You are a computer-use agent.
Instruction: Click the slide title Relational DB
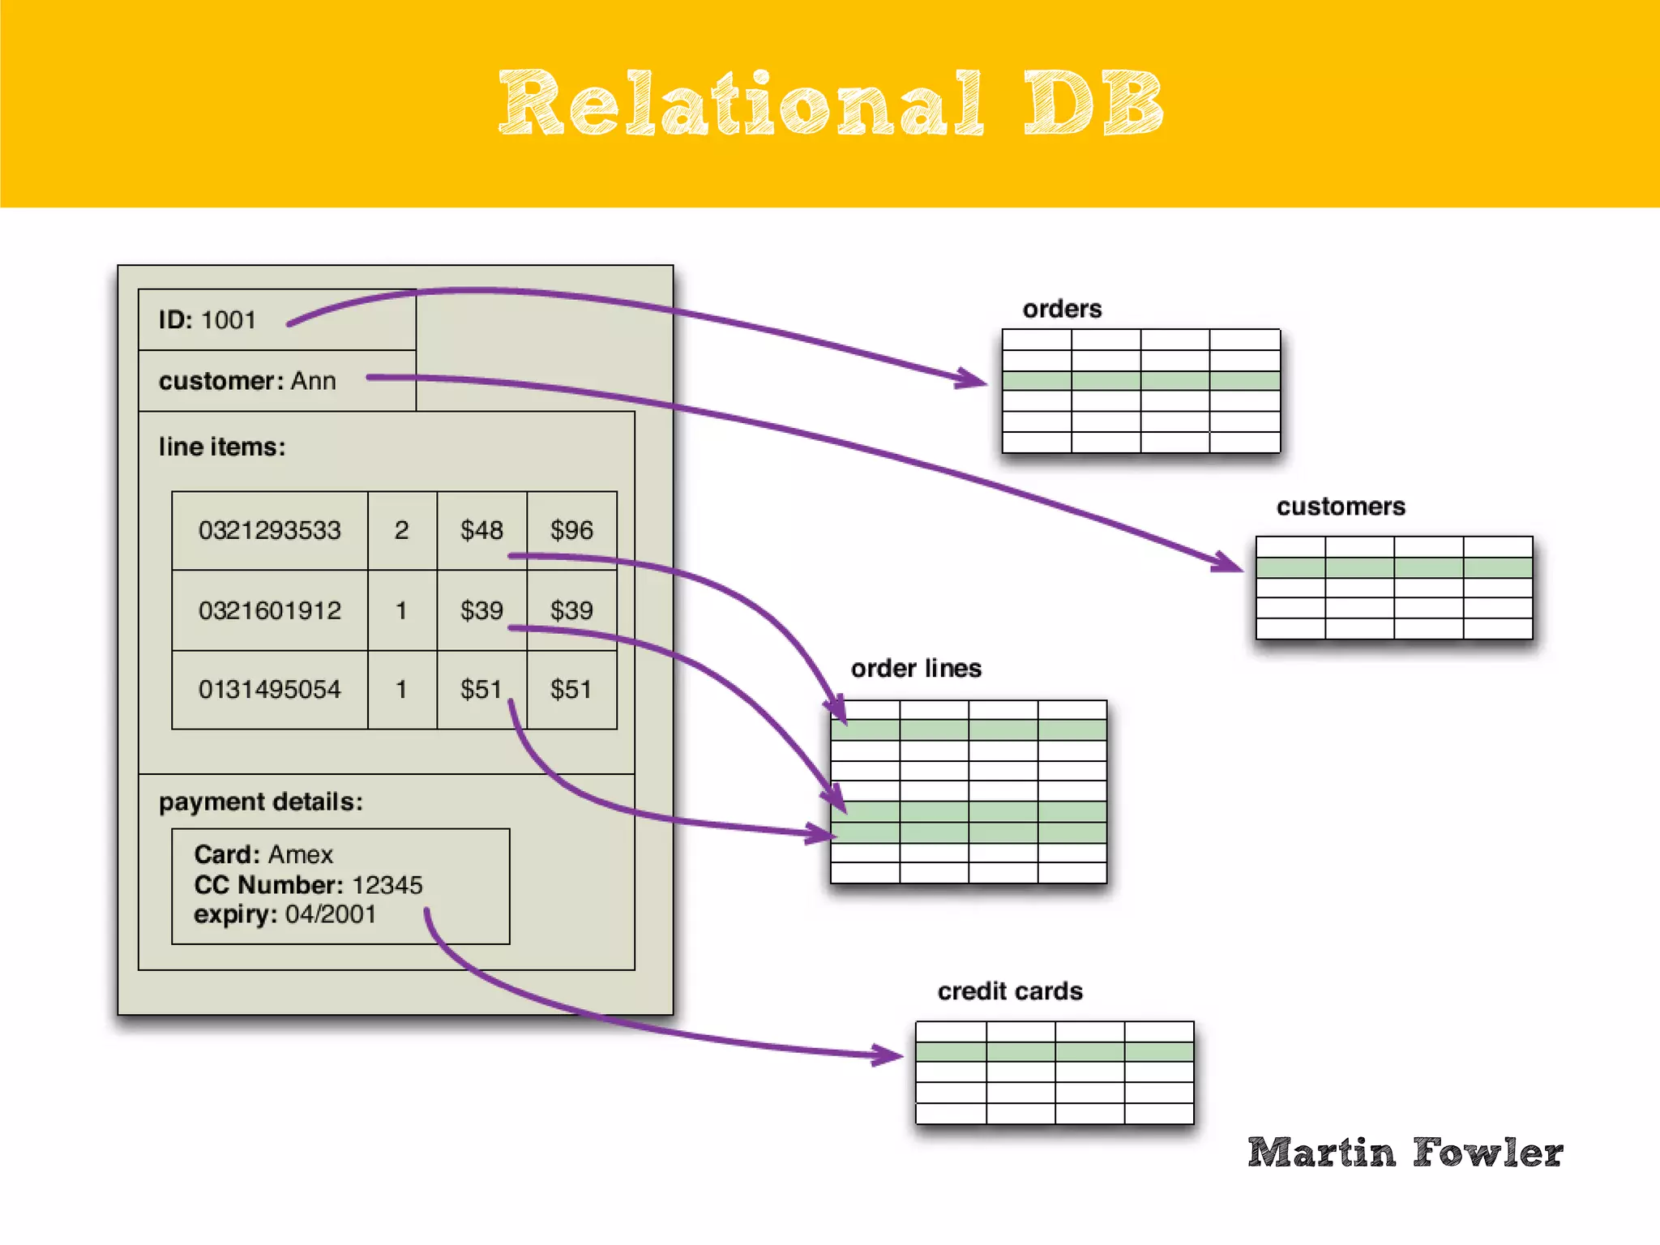pyautogui.click(x=830, y=104)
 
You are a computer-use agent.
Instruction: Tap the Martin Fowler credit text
pyautogui.click(x=1405, y=1153)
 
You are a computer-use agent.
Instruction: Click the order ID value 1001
pyautogui.click(x=229, y=320)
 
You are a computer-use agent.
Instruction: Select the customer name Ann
pyautogui.click(x=313, y=381)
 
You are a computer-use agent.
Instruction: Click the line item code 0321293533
pyautogui.click(x=269, y=531)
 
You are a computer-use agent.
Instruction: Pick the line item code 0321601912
pyautogui.click(x=269, y=610)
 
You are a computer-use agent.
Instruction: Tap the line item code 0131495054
pyautogui.click(x=269, y=690)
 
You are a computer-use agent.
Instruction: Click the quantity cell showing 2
pyautogui.click(x=401, y=531)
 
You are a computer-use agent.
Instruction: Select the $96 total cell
pyautogui.click(x=571, y=531)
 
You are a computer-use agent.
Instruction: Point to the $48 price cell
pyautogui.click(x=481, y=531)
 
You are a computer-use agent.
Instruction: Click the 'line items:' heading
pyautogui.click(x=222, y=447)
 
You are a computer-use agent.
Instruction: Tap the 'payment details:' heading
pyautogui.click(x=260, y=802)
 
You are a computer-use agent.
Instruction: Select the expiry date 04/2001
pyautogui.click(x=331, y=914)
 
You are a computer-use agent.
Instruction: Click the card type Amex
pyautogui.click(x=301, y=854)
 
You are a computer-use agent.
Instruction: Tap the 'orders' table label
pyautogui.click(x=1062, y=309)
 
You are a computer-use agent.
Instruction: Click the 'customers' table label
pyautogui.click(x=1341, y=507)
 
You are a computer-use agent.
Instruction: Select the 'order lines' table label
pyautogui.click(x=916, y=669)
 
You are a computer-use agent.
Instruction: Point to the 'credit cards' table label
pyautogui.click(x=1010, y=991)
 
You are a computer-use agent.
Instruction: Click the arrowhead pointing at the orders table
pyautogui.click(x=973, y=379)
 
